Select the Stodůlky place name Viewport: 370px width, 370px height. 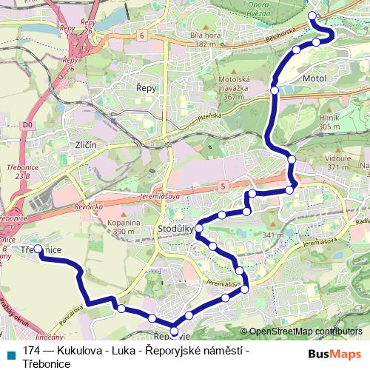(175, 230)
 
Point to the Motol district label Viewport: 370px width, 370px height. (315, 77)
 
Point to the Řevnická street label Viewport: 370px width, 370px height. (87, 208)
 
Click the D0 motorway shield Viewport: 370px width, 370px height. (28, 125)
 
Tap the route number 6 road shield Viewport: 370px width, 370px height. (141, 35)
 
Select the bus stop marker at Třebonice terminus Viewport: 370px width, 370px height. (39, 249)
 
